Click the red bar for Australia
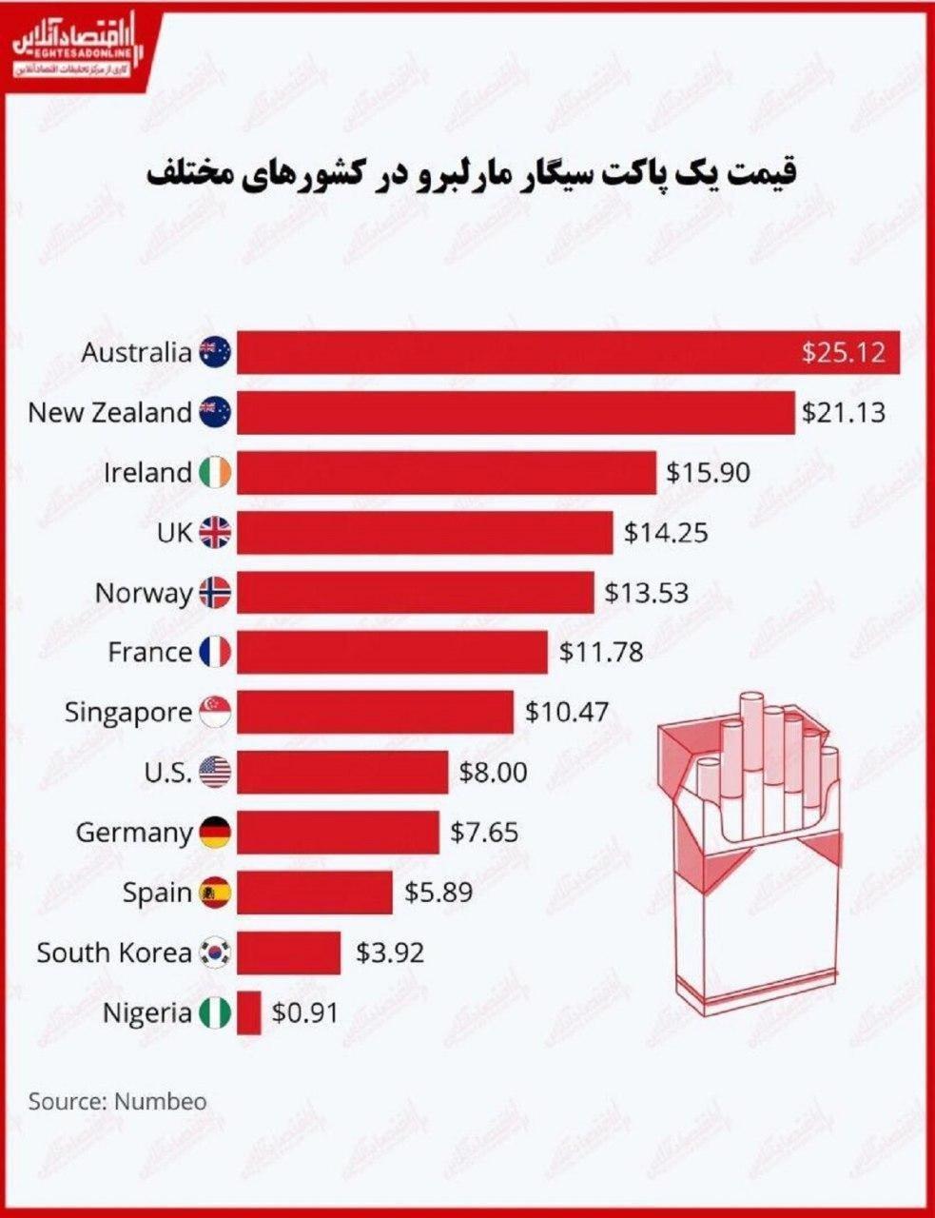[x=514, y=353]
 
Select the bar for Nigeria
[x=249, y=1012]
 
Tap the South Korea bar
[x=289, y=953]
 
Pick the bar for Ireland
[x=447, y=473]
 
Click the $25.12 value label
[x=844, y=353]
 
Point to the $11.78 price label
[x=601, y=653]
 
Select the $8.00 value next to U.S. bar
[x=493, y=773]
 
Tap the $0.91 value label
[x=305, y=1012]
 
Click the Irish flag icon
[x=216, y=473]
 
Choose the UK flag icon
[x=216, y=533]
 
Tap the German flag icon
[x=216, y=833]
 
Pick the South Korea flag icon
[x=216, y=953]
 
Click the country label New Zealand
[x=109, y=413]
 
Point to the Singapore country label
[x=128, y=713]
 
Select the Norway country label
[x=144, y=593]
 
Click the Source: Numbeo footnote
[x=117, y=1102]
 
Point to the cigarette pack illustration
[x=750, y=857]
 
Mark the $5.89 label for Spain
[x=438, y=893]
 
